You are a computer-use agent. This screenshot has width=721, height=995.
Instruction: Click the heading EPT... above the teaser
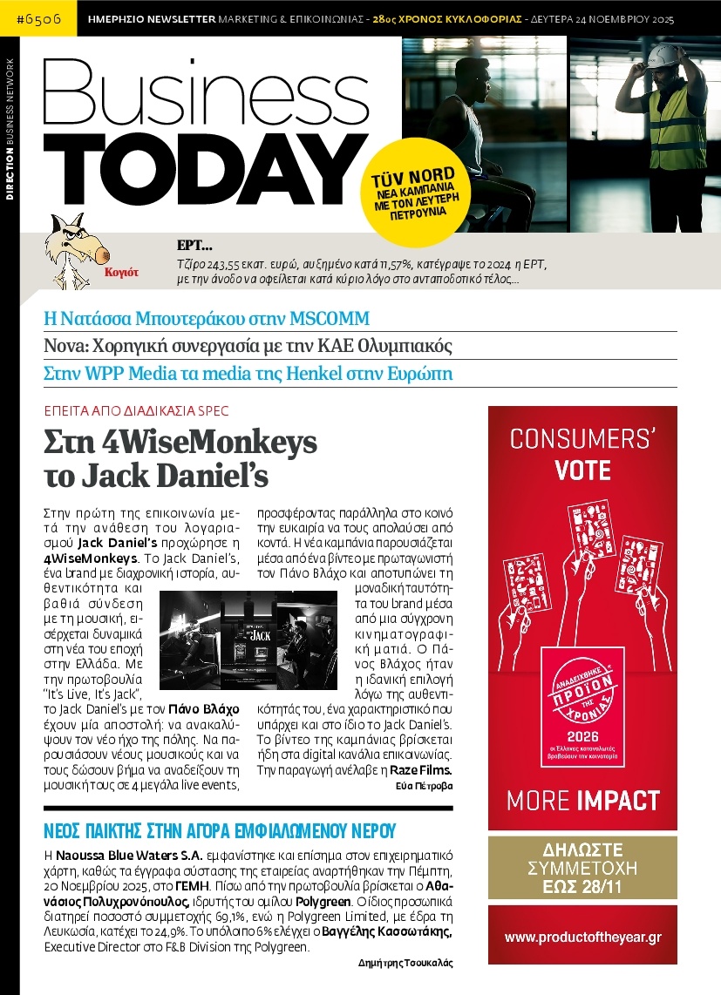(188, 246)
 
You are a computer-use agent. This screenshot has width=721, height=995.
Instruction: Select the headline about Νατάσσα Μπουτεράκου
(207, 317)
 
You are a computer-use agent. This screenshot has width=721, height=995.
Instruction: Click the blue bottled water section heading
(220, 829)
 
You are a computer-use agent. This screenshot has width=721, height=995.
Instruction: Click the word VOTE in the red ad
(582, 471)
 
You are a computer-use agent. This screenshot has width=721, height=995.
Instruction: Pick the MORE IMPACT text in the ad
(582, 799)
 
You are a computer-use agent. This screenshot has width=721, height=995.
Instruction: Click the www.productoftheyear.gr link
(582, 937)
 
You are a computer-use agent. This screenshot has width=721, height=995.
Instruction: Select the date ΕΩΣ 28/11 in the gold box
(582, 886)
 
